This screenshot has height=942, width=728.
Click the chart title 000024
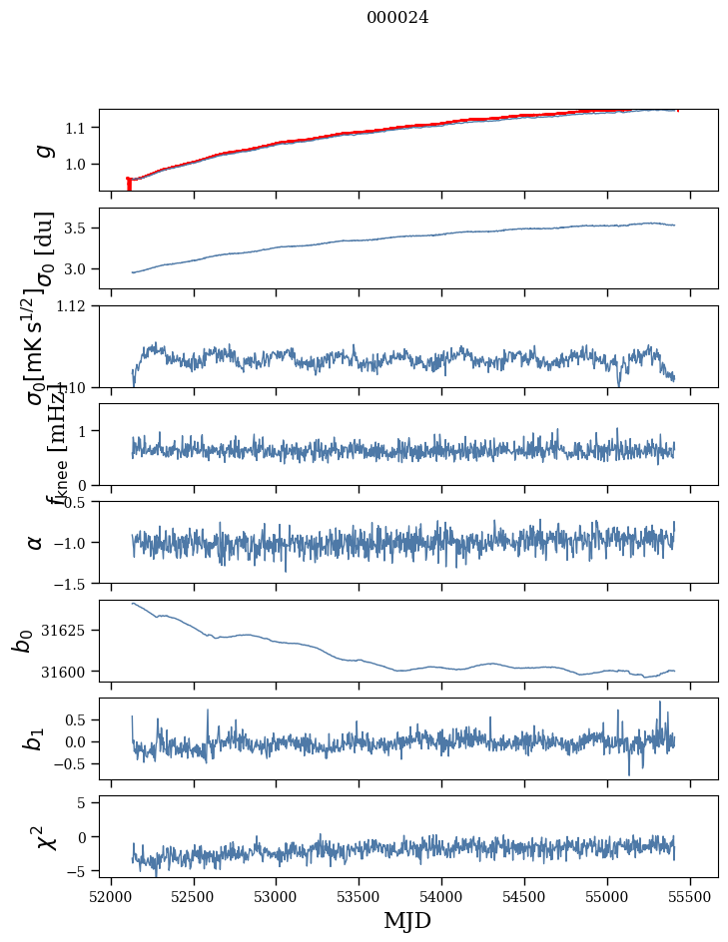point(397,18)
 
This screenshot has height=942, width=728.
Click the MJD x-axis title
point(407,920)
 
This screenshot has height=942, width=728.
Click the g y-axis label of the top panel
point(43,150)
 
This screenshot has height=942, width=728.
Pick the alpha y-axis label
point(36,542)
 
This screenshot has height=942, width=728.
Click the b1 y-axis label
point(36,739)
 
